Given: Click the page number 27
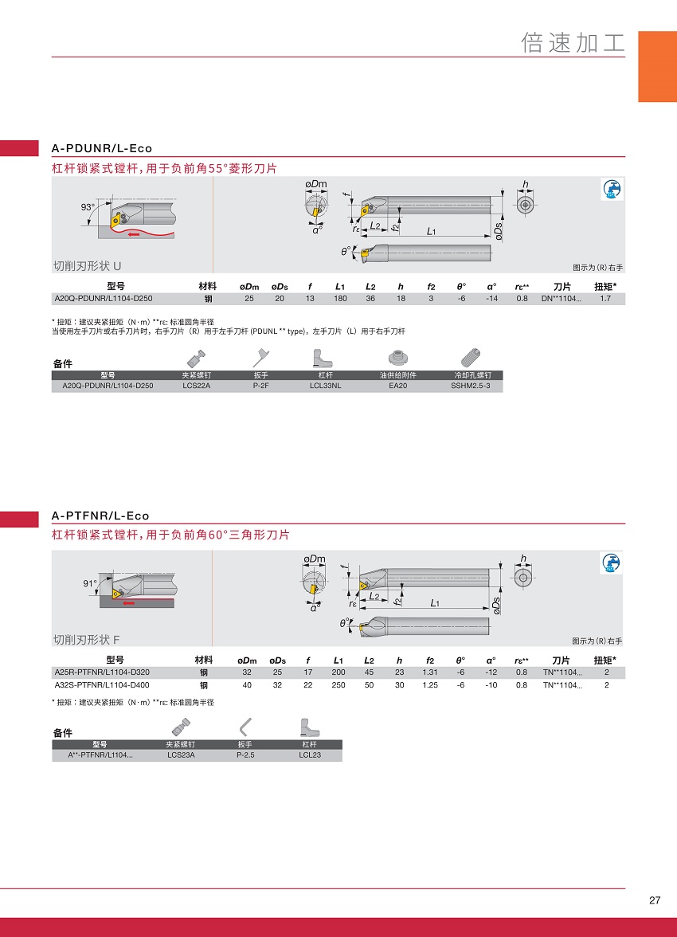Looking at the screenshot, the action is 655,900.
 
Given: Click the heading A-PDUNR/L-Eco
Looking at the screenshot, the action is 102,148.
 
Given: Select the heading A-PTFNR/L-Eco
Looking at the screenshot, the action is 100,516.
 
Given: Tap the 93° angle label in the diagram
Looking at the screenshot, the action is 88,207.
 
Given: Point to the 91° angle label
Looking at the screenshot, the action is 90,583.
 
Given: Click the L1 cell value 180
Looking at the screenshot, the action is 340,298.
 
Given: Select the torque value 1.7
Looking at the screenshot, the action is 605,298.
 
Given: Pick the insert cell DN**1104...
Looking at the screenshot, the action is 561,298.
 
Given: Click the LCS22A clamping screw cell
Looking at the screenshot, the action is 197,386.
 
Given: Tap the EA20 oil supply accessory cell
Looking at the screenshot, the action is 398,386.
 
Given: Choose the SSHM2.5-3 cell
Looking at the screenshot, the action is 471,386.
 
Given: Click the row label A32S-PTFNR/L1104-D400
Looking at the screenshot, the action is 102,685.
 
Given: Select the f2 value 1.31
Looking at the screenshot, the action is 430,672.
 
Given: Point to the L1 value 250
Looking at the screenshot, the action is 338,685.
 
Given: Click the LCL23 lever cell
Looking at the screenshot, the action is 310,755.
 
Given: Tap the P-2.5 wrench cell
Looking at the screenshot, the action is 245,755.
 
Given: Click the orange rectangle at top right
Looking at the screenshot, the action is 657,66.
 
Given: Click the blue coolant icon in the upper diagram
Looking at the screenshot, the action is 611,190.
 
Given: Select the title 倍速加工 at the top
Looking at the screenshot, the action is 573,42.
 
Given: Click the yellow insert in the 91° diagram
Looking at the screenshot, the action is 117,594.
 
